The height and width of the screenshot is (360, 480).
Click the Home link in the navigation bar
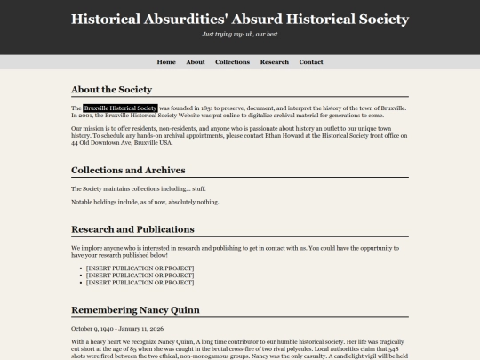coord(166,62)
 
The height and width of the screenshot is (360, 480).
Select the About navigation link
coord(196,62)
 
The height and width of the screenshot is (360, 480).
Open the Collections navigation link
coord(232,62)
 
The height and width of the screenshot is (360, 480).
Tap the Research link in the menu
coord(274,62)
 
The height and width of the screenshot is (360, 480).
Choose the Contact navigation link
coord(311,62)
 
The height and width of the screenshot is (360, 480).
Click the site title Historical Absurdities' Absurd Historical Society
coord(240,19)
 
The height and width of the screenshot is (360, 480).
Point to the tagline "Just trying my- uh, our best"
coord(240,34)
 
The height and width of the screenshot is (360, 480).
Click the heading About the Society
coord(111,90)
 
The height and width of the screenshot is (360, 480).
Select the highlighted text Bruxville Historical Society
coord(120,108)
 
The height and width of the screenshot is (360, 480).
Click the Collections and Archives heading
coord(128,170)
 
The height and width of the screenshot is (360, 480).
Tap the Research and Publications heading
coord(132,229)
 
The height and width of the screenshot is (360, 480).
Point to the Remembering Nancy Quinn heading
coord(135,310)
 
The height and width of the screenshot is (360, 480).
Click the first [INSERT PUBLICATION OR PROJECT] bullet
coord(140,268)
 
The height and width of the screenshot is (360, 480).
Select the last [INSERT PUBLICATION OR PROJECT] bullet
coord(140,282)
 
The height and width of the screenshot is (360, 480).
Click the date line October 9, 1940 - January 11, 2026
coord(118,328)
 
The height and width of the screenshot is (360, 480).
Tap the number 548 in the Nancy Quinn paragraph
coord(399,349)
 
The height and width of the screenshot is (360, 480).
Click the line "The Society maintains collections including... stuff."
coord(138,188)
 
